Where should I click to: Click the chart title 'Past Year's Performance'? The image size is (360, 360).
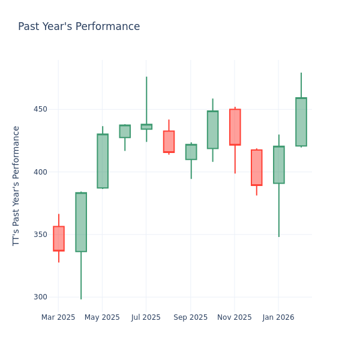click(79, 27)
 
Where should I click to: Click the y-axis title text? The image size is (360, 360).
click(17, 185)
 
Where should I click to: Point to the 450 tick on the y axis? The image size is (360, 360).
click(41, 109)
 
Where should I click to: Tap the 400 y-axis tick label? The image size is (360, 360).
click(41, 172)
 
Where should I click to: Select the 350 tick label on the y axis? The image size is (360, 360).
click(41, 235)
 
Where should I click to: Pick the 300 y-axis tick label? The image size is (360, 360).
click(41, 297)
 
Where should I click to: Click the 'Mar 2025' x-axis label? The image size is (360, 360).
click(58, 317)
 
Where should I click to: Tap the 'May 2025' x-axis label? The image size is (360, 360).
click(102, 317)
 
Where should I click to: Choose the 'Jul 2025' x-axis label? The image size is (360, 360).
click(146, 317)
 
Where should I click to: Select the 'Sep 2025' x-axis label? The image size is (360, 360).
click(191, 317)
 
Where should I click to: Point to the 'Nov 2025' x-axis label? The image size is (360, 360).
click(235, 317)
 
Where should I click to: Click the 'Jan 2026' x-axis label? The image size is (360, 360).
click(278, 317)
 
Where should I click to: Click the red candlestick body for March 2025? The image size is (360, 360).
click(59, 238)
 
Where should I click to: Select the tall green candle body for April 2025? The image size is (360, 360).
click(81, 222)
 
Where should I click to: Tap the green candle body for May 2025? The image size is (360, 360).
click(103, 161)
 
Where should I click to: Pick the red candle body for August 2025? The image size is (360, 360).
click(169, 142)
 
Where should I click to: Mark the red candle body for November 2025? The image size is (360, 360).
click(235, 127)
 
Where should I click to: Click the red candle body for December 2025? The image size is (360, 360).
click(257, 167)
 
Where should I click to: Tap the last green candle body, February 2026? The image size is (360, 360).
click(301, 122)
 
